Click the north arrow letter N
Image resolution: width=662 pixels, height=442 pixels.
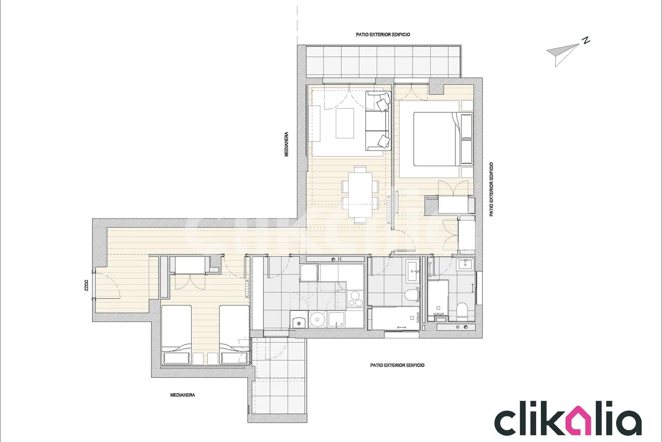(x=586, y=41)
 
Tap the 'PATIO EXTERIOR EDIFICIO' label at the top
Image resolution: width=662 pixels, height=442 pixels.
(x=383, y=34)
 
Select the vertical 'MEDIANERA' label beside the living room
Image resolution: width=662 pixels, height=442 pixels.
(x=286, y=144)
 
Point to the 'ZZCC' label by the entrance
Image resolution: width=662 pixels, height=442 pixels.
(x=87, y=286)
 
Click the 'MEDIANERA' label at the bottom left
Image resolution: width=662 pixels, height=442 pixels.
(x=183, y=395)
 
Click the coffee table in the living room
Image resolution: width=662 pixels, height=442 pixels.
(x=345, y=123)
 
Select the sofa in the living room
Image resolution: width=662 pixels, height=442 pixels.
(x=378, y=121)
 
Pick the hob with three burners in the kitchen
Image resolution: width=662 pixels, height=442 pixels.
(x=354, y=298)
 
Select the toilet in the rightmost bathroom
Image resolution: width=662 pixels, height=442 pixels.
(x=461, y=311)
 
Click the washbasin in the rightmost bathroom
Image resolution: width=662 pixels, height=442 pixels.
(x=465, y=263)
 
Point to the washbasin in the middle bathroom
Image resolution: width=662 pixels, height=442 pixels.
(x=413, y=271)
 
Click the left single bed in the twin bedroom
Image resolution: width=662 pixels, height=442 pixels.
(x=176, y=335)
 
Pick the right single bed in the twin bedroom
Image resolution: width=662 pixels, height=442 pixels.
(x=234, y=335)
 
